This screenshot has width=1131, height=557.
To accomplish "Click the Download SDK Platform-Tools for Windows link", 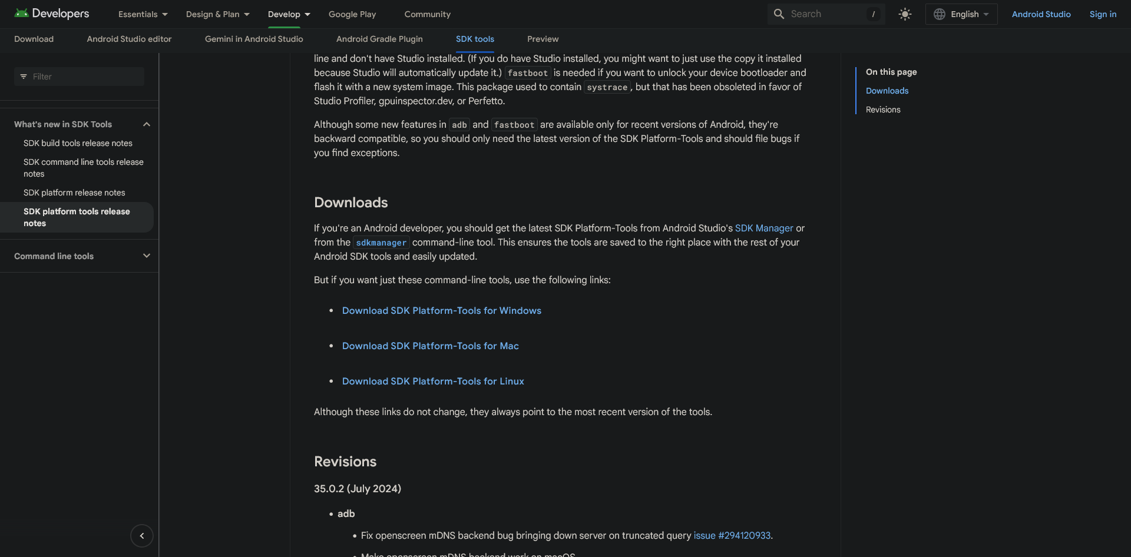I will tap(441, 311).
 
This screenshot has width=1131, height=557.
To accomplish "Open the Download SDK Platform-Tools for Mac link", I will tap(430, 346).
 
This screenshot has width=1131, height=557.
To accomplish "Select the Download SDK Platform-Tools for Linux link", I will tap(433, 382).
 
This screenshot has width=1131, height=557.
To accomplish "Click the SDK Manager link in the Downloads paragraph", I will tap(763, 228).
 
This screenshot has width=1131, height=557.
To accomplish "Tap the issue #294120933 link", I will tap(732, 536).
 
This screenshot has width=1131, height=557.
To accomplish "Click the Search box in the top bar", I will tap(825, 14).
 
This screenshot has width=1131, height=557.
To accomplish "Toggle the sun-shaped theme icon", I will tap(905, 14).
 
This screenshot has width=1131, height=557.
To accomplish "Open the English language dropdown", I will tap(961, 14).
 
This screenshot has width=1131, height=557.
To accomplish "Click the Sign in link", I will tap(1103, 14).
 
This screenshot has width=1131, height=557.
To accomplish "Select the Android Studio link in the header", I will tap(1041, 14).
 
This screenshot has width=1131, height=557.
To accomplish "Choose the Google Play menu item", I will tap(352, 14).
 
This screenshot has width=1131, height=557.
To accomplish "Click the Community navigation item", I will tap(427, 14).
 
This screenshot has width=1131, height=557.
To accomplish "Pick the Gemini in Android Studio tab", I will tap(254, 39).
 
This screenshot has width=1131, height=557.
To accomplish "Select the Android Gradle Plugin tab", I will tap(379, 39).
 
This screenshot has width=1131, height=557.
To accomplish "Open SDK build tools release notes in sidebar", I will tap(78, 143).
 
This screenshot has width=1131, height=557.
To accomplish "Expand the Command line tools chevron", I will tap(147, 256).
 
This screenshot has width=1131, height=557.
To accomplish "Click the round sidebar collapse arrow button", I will tap(141, 536).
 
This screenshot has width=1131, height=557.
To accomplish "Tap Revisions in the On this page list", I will tap(883, 110).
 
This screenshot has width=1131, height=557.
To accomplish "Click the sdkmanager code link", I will tap(381, 243).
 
